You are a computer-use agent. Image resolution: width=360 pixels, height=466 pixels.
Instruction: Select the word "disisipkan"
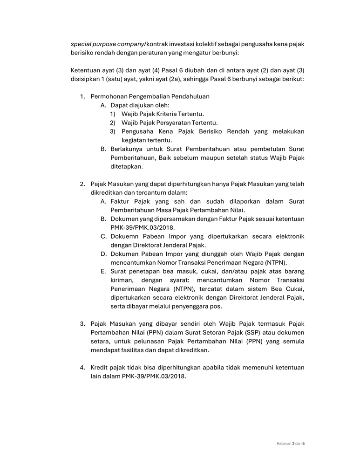86,79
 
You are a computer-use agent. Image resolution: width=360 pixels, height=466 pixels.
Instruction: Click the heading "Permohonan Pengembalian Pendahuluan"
150,96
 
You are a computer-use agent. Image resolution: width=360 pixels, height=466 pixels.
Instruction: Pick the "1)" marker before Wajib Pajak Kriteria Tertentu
113,114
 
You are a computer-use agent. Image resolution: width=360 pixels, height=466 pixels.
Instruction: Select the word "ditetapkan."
127,166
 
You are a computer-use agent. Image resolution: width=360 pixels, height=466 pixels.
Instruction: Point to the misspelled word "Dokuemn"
124,236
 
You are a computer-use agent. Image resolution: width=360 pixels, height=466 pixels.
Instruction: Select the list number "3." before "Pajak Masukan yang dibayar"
82,323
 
